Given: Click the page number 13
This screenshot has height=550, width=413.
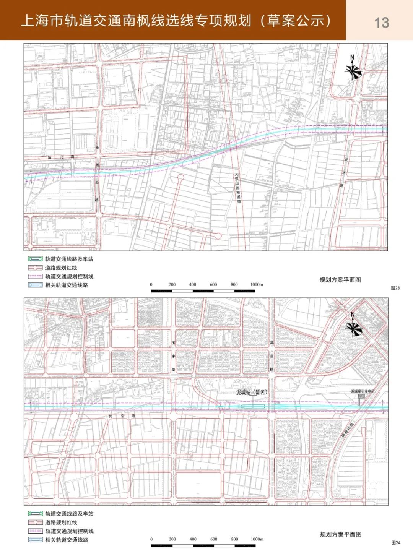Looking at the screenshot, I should (x=381, y=23).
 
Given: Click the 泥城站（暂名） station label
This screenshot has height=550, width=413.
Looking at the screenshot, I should (x=252, y=392).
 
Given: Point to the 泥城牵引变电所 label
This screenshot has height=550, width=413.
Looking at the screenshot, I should (x=363, y=391).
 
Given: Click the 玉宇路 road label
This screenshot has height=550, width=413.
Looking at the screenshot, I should (x=173, y=356).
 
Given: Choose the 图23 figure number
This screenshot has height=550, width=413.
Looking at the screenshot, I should (x=395, y=288).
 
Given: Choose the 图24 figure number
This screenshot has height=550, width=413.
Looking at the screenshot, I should (x=395, y=542).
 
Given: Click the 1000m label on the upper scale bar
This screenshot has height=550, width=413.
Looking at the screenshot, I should (x=257, y=284).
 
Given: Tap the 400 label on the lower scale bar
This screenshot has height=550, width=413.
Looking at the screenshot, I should (x=193, y=539).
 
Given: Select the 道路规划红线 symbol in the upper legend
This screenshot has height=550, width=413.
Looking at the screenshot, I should (x=35, y=268).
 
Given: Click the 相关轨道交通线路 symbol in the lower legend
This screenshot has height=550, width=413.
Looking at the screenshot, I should (x=35, y=540).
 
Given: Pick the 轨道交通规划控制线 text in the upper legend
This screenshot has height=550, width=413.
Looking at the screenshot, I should (x=69, y=276).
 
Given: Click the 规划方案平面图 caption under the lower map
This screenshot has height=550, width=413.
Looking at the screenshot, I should (x=340, y=534).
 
